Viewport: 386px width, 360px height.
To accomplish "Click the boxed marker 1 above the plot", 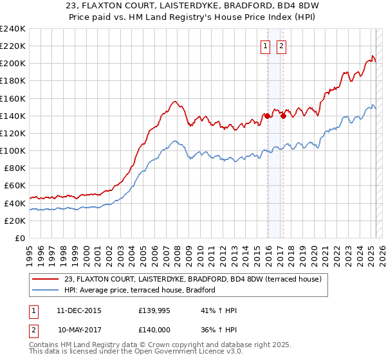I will (x=266, y=46).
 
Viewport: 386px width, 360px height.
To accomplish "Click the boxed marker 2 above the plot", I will (x=282, y=46).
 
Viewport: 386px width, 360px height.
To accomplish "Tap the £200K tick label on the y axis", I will (x=13, y=64).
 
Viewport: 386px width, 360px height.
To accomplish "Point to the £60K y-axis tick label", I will (x=15, y=185).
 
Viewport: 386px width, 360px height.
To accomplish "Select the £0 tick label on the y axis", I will (x=21, y=238).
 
